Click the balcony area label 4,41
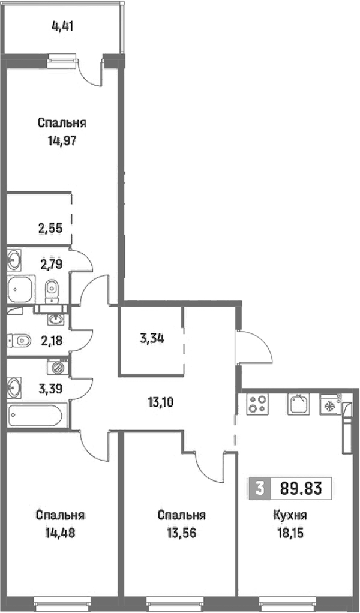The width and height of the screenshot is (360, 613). coord(62,26)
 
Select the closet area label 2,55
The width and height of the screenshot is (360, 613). coord(50,228)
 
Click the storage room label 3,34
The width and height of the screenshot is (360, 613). coord(152,338)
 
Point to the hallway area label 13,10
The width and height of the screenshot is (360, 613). coord(161,401)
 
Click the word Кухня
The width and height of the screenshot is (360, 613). coord(290,515)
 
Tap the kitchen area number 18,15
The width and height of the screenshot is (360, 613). coord(290,533)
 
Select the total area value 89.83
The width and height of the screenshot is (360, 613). coord(301,488)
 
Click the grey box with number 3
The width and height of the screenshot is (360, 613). coord(259,488)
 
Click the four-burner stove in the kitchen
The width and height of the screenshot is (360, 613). coord(257,404)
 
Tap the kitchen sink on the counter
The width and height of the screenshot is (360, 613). coord(299,404)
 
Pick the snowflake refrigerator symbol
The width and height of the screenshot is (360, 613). coord(330,404)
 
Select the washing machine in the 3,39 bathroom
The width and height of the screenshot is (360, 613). coord(58,368)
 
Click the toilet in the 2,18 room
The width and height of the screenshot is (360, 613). coord(20,341)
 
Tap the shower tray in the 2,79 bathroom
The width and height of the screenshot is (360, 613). coord(21,289)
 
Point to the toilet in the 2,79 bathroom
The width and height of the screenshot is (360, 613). coord(52,291)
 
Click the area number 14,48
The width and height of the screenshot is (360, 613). coord(60,533)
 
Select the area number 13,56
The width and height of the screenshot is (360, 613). coord(181,533)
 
